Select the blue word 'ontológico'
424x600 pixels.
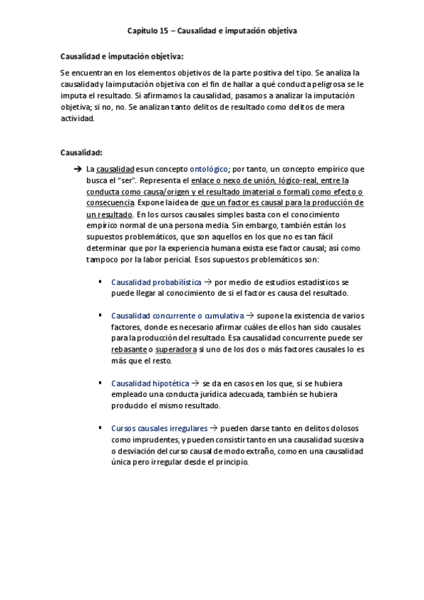pyautogui.click(x=209, y=169)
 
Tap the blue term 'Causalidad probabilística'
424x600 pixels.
pyautogui.click(x=151, y=282)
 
